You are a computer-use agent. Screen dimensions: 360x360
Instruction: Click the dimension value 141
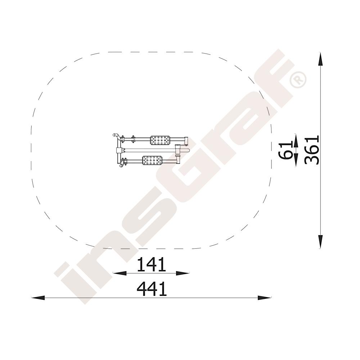point(151,264)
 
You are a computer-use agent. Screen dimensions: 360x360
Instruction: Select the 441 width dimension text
point(152,289)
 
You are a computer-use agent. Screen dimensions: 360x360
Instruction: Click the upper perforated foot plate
point(160,140)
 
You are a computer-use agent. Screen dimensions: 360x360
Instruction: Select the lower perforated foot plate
point(152,160)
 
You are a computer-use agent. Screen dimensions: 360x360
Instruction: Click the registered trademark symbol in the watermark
point(298,80)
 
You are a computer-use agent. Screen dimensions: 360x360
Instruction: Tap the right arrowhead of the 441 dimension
point(265,298)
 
